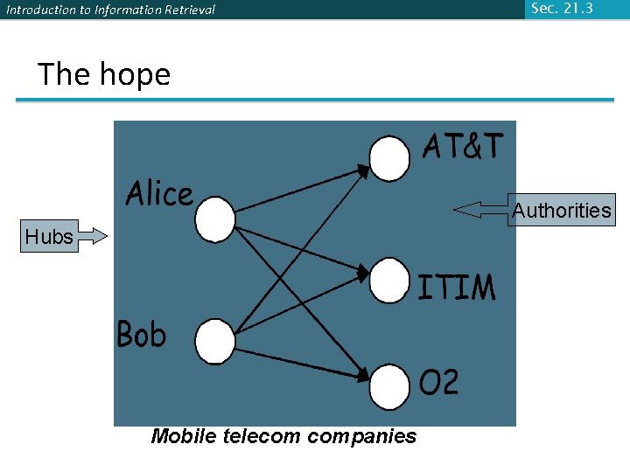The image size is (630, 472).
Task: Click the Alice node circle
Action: click(214, 219)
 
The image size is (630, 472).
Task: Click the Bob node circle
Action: click(214, 342)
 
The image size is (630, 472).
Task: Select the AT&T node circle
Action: click(389, 158)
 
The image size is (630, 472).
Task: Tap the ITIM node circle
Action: click(389, 281)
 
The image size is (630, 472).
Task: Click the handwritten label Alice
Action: click(159, 193)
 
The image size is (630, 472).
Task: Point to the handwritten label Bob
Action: click(141, 334)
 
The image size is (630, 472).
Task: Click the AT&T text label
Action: click(463, 146)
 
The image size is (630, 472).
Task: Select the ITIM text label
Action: click(456, 288)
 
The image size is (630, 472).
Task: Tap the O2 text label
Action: click(438, 382)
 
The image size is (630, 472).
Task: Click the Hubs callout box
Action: click(49, 236)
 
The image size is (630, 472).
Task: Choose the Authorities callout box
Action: click(561, 210)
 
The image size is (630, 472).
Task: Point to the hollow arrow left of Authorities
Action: click(480, 210)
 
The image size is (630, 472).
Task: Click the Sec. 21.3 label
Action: click(561, 9)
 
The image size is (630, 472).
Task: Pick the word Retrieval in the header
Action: click(189, 10)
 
